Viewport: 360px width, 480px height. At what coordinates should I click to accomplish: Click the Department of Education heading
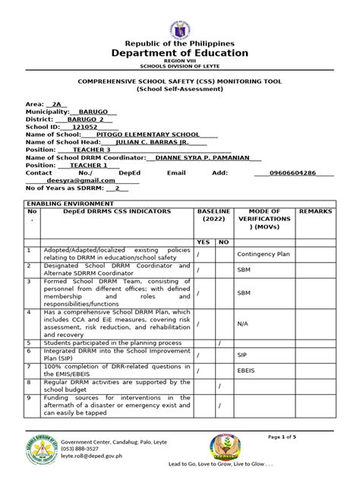[x=180, y=53]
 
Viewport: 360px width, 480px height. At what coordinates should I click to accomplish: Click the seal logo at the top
[x=180, y=19]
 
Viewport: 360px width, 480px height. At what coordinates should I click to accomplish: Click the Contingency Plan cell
[x=264, y=254]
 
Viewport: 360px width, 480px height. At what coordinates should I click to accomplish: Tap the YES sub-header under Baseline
[x=204, y=242]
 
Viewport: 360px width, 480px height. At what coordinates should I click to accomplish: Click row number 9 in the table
[x=29, y=397]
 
